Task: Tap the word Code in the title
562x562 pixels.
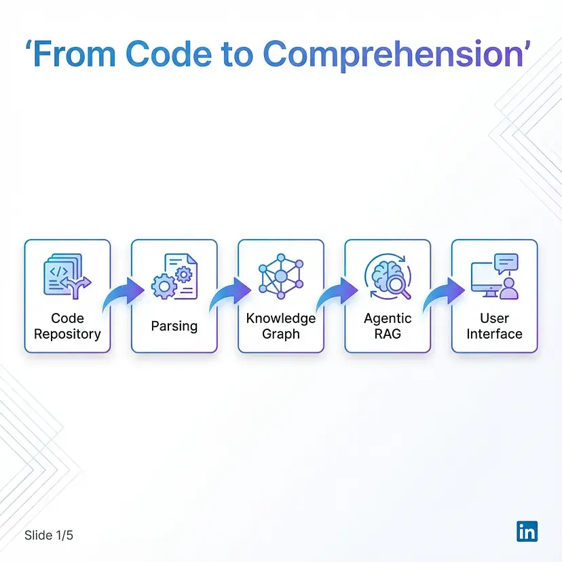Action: [x=169, y=54]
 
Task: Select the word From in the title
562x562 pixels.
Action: [x=75, y=54]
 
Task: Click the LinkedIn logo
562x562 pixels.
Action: [x=527, y=531]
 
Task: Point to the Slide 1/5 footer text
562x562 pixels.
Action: [x=49, y=535]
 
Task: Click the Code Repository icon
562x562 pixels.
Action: [x=67, y=276]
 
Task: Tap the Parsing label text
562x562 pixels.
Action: [x=174, y=326]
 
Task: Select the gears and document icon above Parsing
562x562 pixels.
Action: [x=174, y=276]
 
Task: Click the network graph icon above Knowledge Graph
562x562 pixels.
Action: [x=281, y=276]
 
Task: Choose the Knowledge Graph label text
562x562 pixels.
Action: [x=281, y=326]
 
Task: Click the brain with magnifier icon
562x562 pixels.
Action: [x=388, y=276]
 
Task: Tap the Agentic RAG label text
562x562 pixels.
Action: [x=388, y=326]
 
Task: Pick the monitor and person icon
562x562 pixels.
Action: [x=495, y=276]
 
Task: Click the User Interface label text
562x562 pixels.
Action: [x=495, y=326]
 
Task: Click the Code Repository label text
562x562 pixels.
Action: [x=67, y=326]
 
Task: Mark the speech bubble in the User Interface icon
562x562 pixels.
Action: [x=506, y=263]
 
